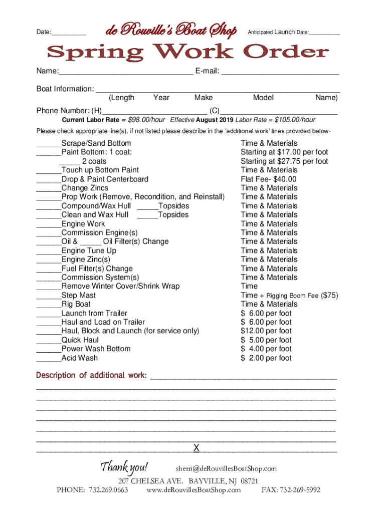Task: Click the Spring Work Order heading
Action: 188,52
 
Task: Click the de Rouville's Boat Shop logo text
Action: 171,31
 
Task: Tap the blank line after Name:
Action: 126,72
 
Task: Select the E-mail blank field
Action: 280,72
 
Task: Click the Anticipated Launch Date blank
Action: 324,33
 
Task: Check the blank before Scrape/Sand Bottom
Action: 48,144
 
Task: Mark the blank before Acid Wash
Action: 48,358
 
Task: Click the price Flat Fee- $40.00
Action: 268,179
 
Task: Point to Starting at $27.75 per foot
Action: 284,161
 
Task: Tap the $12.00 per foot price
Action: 266,331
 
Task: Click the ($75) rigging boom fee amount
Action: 329,296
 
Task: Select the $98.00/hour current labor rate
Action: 146,120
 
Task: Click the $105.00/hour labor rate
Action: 295,120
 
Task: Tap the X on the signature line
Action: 197,447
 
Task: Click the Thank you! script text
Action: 124,468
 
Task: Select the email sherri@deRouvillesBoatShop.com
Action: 226,469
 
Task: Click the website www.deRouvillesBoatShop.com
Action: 194,490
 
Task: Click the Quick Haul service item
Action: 80,340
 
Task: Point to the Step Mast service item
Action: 79,296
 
